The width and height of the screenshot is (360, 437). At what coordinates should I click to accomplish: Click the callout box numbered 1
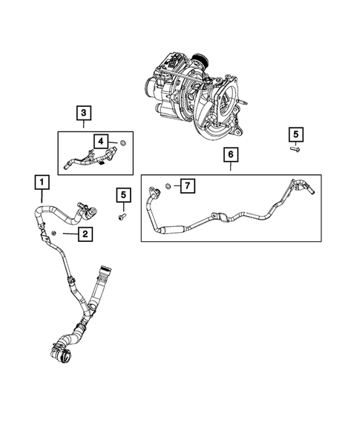pyautogui.click(x=42, y=182)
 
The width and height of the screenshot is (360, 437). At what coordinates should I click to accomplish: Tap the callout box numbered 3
pyautogui.click(x=85, y=113)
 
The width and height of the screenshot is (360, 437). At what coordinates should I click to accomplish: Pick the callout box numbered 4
pyautogui.click(x=100, y=140)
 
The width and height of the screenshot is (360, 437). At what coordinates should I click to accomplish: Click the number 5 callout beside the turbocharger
pyautogui.click(x=295, y=134)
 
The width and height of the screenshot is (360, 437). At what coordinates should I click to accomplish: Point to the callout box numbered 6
pyautogui.click(x=230, y=155)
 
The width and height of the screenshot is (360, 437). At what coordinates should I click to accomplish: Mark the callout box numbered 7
pyautogui.click(x=188, y=184)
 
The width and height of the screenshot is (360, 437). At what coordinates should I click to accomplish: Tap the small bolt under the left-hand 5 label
pyautogui.click(x=123, y=216)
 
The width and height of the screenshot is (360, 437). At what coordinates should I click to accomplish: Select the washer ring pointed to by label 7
pyautogui.click(x=169, y=184)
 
